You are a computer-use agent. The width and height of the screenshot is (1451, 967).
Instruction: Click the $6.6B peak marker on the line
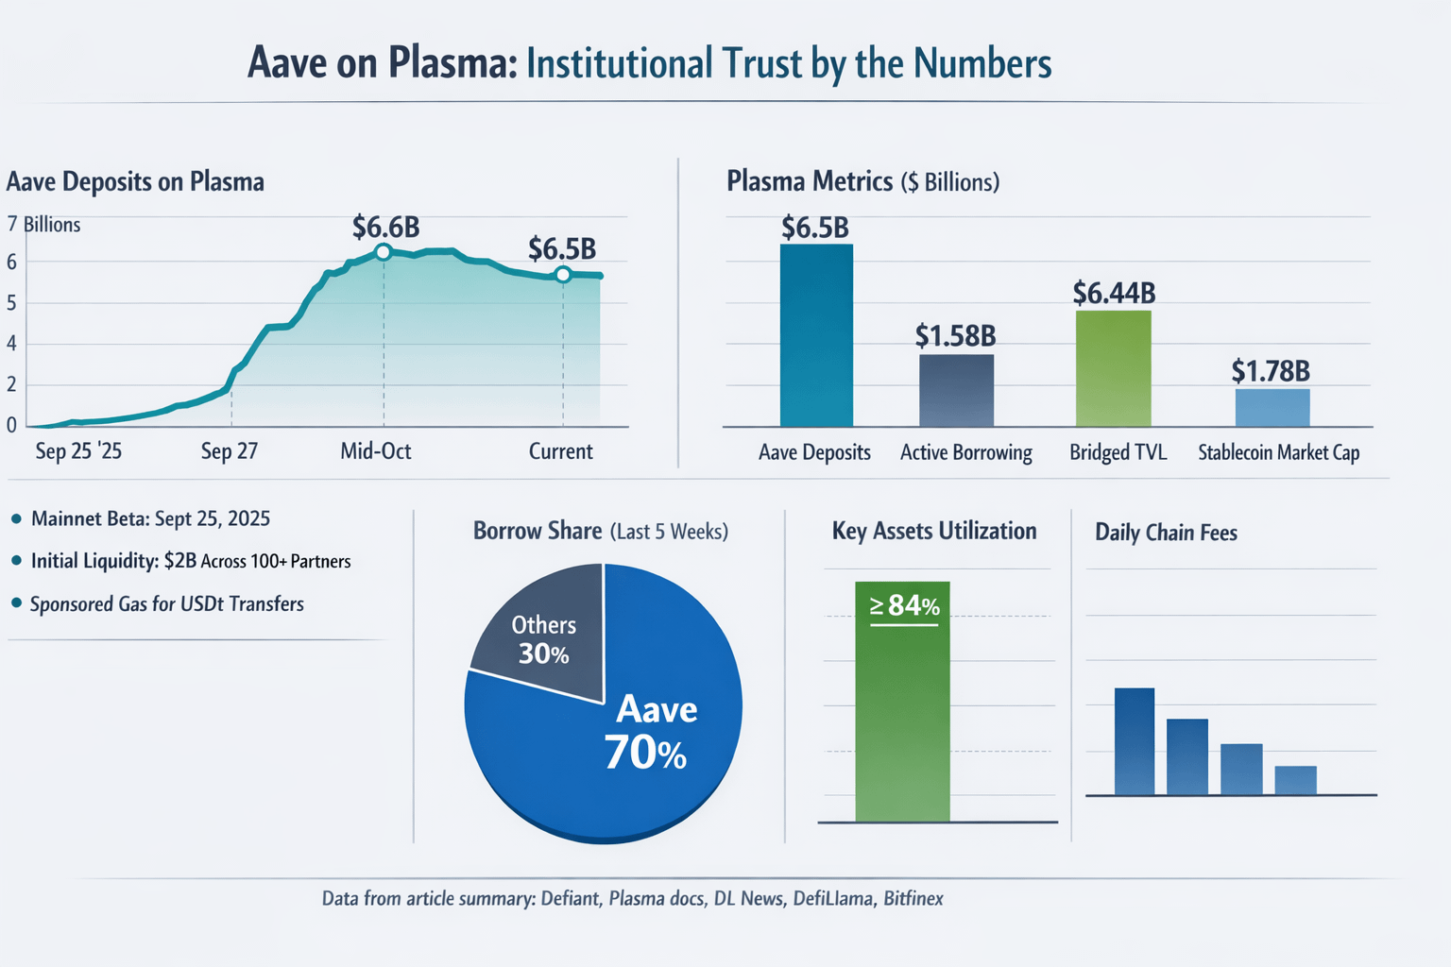click(x=383, y=252)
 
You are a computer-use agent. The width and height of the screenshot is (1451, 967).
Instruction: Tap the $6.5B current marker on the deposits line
click(x=563, y=275)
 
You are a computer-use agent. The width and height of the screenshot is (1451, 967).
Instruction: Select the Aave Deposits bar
click(x=816, y=335)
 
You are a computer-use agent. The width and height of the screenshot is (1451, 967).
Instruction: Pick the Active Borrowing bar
click(x=956, y=390)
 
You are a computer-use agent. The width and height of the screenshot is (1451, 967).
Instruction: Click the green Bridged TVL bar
click(x=1113, y=368)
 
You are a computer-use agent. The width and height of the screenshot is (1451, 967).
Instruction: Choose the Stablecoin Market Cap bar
click(x=1272, y=407)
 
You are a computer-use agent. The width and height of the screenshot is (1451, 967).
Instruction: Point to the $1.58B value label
click(x=955, y=335)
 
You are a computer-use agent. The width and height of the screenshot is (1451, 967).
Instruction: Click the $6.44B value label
click(x=1114, y=293)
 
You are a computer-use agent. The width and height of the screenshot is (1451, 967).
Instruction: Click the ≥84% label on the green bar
click(x=904, y=605)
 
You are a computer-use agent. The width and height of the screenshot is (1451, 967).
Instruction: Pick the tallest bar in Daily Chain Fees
click(x=1134, y=741)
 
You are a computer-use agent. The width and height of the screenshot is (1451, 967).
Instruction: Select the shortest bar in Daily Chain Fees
click(x=1295, y=780)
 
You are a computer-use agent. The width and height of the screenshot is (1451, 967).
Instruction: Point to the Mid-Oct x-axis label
click(x=376, y=451)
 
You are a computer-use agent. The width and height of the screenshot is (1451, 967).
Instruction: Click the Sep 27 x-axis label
click(x=229, y=451)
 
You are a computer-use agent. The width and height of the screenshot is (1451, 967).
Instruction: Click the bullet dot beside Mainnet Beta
click(x=16, y=519)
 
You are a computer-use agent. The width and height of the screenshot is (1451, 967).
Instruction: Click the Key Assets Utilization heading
click(x=933, y=532)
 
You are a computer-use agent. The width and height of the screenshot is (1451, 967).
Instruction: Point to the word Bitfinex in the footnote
click(x=913, y=898)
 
